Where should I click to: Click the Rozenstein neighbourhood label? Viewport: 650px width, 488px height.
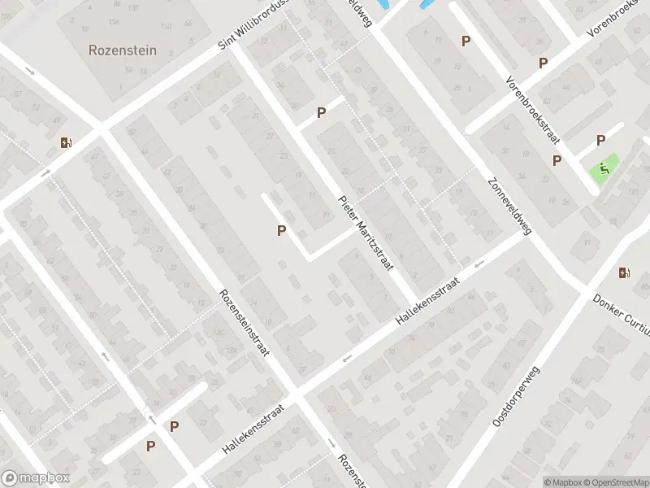123,50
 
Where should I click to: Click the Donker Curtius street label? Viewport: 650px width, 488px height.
622,314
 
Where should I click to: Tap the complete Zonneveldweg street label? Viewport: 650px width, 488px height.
509,207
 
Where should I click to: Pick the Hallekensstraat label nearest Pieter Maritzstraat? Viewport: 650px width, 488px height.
428,300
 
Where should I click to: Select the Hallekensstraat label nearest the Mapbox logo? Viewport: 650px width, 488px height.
253,429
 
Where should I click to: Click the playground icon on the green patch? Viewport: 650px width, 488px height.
604,169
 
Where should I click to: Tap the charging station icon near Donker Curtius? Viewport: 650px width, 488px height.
624,272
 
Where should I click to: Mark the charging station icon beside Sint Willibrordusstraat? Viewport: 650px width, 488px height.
66,143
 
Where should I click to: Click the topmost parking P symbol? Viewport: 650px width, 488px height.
466,41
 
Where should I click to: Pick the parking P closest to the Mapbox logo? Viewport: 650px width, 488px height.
150,445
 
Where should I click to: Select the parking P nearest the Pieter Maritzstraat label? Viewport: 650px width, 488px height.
281,230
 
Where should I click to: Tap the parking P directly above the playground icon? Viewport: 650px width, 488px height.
601,140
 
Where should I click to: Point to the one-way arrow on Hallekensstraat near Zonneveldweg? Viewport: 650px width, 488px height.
479,263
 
